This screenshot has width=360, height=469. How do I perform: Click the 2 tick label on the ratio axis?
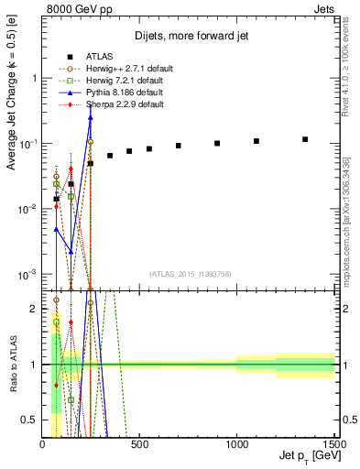point(34,309)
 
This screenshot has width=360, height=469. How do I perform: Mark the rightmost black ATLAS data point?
point(305,139)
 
